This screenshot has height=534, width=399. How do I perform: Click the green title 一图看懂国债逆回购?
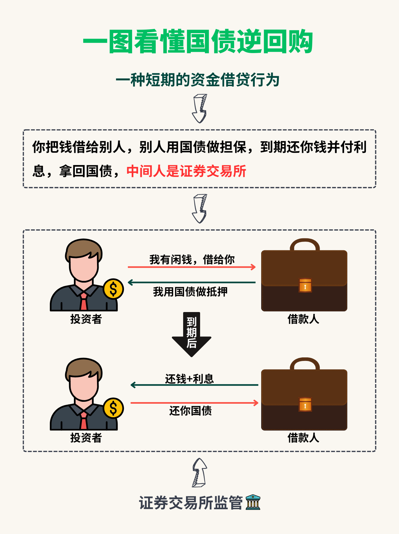[198, 42]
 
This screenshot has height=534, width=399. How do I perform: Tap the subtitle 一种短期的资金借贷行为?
[198, 80]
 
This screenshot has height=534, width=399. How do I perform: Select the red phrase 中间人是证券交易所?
[186, 171]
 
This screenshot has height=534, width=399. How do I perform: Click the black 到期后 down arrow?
[191, 335]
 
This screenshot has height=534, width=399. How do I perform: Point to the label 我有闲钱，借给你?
[192, 259]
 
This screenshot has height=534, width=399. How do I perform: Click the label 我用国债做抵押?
[190, 292]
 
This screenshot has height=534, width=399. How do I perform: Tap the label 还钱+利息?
[190, 379]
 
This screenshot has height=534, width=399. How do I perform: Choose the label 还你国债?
[191, 411]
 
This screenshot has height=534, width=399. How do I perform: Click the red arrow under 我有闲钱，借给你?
[191, 267]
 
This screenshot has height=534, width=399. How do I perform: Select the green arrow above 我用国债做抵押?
[191, 282]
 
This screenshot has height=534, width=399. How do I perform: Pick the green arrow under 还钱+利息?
[194, 385]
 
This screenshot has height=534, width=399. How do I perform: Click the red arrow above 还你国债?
[194, 403]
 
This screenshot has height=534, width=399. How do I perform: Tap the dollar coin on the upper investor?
[113, 289]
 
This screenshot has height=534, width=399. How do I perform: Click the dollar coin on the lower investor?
[113, 408]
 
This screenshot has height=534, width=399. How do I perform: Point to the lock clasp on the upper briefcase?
[305, 286]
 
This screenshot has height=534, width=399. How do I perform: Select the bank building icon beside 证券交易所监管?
[253, 502]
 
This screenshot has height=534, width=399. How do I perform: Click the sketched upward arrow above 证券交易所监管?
[199, 472]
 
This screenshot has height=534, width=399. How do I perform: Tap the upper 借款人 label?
[303, 319]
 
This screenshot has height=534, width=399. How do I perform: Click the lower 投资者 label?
[86, 438]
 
